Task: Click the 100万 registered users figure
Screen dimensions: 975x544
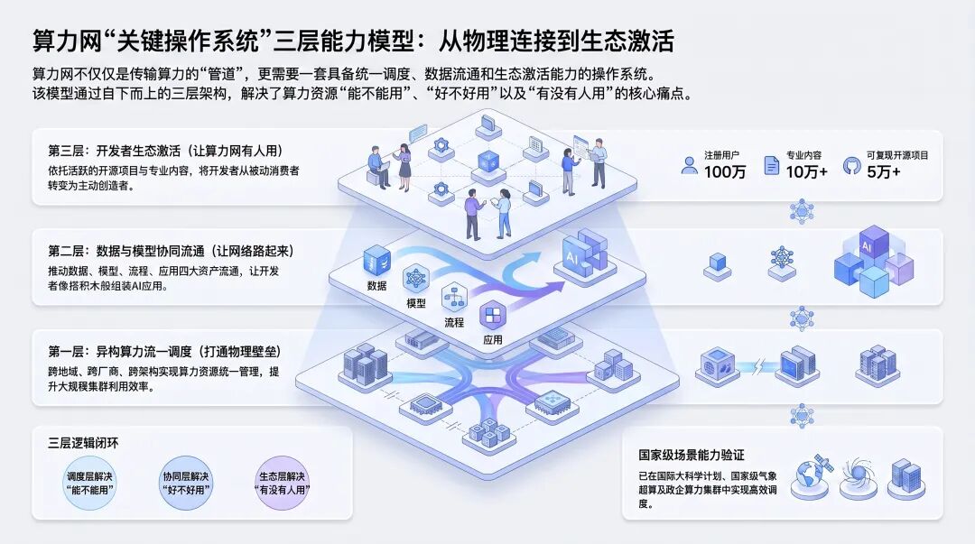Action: point(724,172)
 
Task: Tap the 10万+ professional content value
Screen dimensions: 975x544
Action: point(806,172)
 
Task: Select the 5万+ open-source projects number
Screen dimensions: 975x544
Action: point(884,172)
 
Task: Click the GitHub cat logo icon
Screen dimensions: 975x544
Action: point(851,165)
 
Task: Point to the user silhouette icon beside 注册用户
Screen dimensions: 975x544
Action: point(689,165)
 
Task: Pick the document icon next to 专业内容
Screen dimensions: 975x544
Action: point(771,165)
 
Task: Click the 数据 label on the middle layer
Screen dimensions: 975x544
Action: point(376,286)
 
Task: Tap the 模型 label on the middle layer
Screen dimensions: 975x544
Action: point(416,303)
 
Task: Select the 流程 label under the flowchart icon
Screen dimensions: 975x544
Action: point(454,322)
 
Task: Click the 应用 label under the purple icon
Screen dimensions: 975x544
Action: point(493,340)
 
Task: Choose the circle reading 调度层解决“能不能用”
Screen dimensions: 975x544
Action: point(89,483)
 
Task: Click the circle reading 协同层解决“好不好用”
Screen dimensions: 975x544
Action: point(186,483)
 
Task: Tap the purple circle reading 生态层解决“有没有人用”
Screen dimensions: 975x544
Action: point(283,483)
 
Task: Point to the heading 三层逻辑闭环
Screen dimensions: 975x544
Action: point(83,443)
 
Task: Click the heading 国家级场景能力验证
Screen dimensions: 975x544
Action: point(692,455)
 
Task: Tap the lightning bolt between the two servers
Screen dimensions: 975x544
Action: point(758,366)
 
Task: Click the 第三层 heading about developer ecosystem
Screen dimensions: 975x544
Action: point(165,151)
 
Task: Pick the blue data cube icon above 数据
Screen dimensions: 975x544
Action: point(376,260)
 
